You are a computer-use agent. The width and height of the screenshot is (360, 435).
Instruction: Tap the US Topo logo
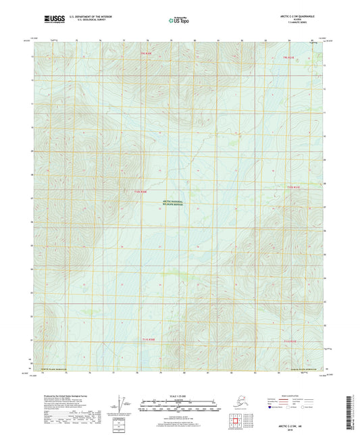point(179,20)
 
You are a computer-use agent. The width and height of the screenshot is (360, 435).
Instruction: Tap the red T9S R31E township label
point(288,57)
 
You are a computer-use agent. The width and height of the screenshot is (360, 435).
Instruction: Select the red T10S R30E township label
point(140,191)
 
